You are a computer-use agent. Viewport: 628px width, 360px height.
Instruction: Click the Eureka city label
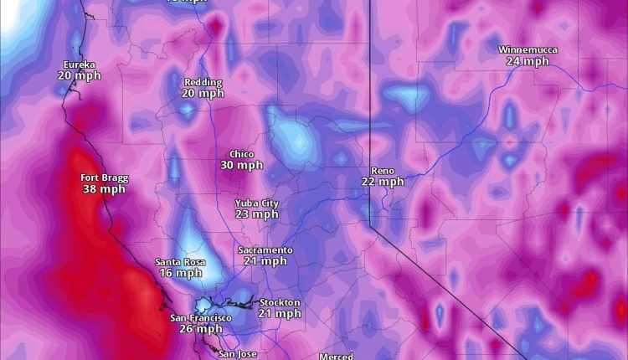coord(79,64)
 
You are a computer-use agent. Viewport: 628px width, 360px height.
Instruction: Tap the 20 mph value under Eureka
coord(79,75)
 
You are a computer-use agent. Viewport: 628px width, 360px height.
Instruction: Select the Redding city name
coord(203,82)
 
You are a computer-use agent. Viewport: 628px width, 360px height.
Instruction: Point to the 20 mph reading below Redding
coord(203,93)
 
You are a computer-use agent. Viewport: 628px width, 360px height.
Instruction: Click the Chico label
coord(241,154)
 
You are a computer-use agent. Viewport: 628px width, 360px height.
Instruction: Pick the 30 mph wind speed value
coord(241,165)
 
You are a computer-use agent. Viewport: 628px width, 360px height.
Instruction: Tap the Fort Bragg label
coord(104,177)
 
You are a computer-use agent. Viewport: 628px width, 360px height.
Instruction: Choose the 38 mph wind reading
coord(104,189)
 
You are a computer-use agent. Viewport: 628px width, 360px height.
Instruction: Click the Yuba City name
coord(256,203)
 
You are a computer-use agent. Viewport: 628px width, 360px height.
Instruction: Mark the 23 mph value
coord(256,214)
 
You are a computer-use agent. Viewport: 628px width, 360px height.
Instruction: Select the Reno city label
coord(383,170)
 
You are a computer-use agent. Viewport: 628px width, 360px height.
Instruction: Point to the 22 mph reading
coord(383,181)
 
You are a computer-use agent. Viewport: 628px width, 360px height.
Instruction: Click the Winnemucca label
coord(528,49)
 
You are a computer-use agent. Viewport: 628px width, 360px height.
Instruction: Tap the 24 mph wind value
coord(528,61)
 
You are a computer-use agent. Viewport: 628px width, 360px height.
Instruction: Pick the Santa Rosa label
coord(180,262)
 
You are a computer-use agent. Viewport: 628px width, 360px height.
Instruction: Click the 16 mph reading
coord(180,273)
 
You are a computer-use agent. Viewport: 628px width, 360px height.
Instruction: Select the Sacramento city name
coord(265,250)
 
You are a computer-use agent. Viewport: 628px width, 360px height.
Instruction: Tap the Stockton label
coord(280,302)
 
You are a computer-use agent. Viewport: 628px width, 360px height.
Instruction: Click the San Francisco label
coord(201,318)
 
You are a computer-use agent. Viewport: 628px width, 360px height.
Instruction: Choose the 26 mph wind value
coord(201,329)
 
